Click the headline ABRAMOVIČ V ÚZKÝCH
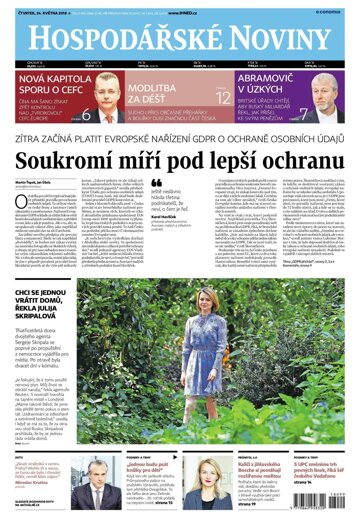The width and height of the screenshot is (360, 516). tap(270, 83)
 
